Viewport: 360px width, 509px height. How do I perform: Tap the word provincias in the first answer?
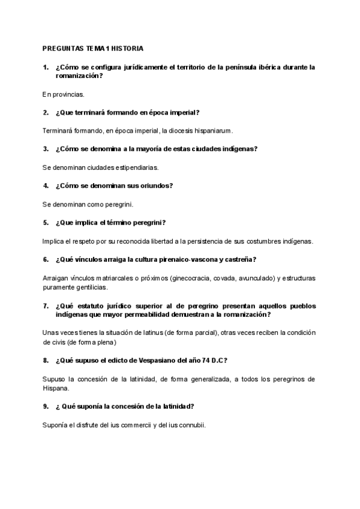click(x=69, y=94)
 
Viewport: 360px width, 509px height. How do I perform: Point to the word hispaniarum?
click(x=212, y=130)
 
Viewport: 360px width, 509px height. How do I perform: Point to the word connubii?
click(x=193, y=424)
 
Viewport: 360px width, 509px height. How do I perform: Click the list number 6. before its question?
click(x=46, y=259)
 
